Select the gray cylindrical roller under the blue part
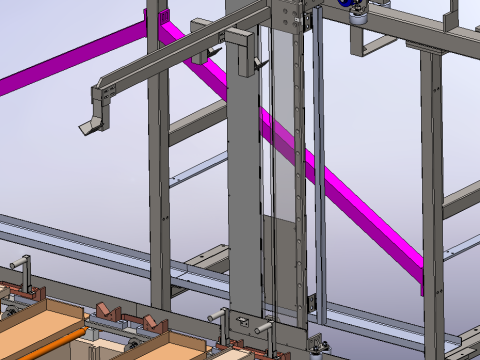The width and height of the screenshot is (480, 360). click(357, 15)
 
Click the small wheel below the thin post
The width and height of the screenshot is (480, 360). click(318, 346)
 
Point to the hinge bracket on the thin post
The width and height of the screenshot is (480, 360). click(312, 300)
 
